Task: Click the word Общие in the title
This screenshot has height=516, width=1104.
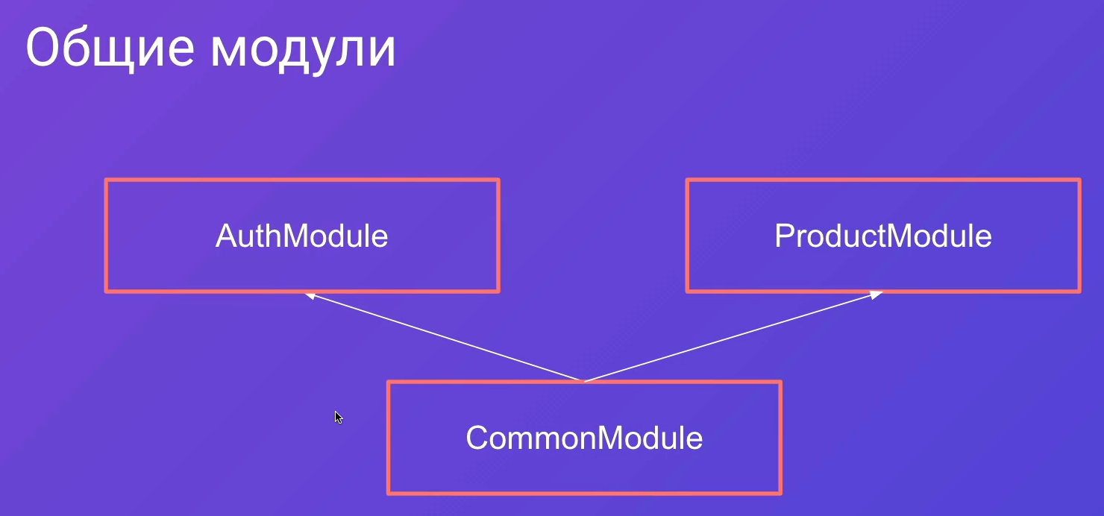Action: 110,48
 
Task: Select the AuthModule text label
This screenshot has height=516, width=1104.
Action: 301,236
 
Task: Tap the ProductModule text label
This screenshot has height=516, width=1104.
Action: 882,236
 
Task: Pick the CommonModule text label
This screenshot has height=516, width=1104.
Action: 584,438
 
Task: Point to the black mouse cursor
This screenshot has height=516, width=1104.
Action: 338,418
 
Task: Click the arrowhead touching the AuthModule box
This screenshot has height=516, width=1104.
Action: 310,296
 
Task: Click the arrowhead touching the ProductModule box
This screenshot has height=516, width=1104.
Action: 876,295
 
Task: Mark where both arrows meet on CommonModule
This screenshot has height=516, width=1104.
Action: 584,381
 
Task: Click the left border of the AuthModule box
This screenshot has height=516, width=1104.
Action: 107,236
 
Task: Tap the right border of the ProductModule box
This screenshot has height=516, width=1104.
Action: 1079,236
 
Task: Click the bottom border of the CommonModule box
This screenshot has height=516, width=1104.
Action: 584,492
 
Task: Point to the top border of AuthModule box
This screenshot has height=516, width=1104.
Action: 302,180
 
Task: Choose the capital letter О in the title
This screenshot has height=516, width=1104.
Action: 46,48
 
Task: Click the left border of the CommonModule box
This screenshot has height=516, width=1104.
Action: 389,438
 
